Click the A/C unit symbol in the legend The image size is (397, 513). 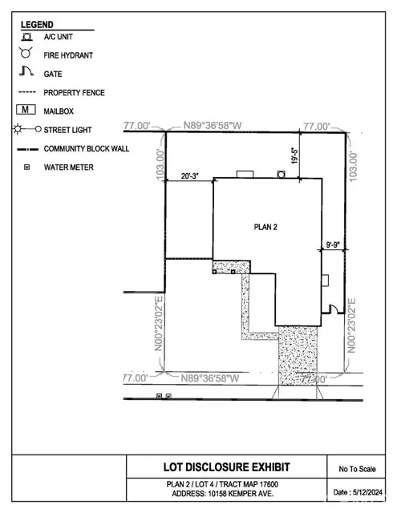pyautogui.click(x=26, y=37)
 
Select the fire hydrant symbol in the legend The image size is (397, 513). pyautogui.click(x=26, y=53)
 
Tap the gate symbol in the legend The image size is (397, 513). pyautogui.click(x=26, y=71)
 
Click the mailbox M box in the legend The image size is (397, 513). pyautogui.click(x=26, y=110)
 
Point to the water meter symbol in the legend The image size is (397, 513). pyautogui.click(x=26, y=168)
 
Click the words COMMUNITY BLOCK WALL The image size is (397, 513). pyautogui.click(x=87, y=149)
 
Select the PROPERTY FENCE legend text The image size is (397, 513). pyautogui.click(x=75, y=93)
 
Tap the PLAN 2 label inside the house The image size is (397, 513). pyautogui.click(x=265, y=227)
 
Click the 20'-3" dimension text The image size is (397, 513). pyautogui.click(x=190, y=176)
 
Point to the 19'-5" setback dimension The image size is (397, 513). pyautogui.click(x=295, y=156)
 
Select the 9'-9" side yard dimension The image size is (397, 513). pyautogui.click(x=333, y=244)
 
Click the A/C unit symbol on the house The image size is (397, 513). pyautogui.click(x=282, y=174)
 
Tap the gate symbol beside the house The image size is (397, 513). pyautogui.click(x=333, y=309)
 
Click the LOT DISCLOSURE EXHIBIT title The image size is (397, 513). pyautogui.click(x=226, y=467)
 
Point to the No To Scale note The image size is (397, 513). pyautogui.click(x=357, y=469)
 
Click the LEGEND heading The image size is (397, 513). pyautogui.click(x=37, y=25)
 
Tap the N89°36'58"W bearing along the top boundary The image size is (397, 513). pyautogui.click(x=213, y=125)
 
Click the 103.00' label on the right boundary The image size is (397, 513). pyautogui.click(x=353, y=167)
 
